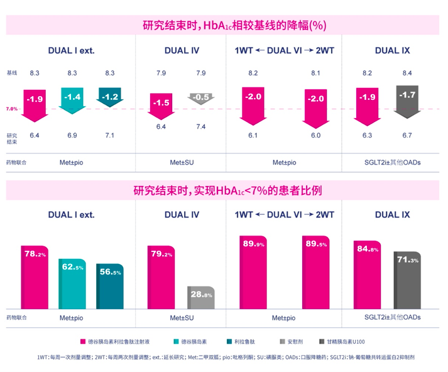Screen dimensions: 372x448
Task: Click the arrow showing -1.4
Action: point(73,97)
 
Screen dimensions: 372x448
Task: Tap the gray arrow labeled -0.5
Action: point(200,98)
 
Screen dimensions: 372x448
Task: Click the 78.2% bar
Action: point(35,276)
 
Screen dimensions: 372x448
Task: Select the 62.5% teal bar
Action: point(72,283)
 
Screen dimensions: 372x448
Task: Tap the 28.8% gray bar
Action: point(200,298)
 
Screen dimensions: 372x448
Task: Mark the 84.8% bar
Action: point(367,275)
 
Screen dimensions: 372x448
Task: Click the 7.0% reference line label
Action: point(12,109)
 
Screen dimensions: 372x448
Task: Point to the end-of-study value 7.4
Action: point(200,128)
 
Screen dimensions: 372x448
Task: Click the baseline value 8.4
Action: point(407,74)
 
